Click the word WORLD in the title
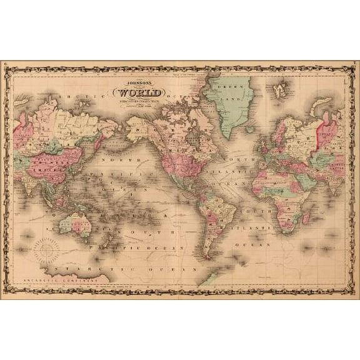[144, 94]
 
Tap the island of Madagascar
[306, 217]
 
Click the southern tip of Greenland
[229, 136]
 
